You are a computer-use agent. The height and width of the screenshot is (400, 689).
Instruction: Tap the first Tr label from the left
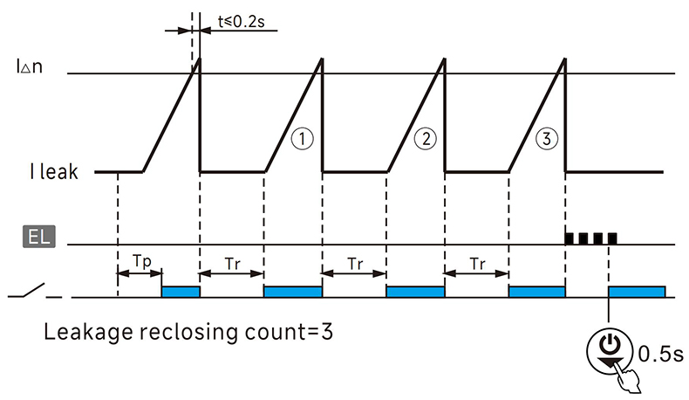pyautogui.click(x=232, y=260)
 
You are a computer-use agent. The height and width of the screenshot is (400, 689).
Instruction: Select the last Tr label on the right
pyautogui.click(x=476, y=260)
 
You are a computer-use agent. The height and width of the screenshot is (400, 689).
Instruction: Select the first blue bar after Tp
pyautogui.click(x=181, y=291)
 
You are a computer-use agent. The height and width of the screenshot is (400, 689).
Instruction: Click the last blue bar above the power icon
pyautogui.click(x=638, y=291)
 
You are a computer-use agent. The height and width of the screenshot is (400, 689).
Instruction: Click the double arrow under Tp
pyautogui.click(x=140, y=273)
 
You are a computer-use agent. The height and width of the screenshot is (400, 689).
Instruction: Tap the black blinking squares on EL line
pyautogui.click(x=591, y=237)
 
